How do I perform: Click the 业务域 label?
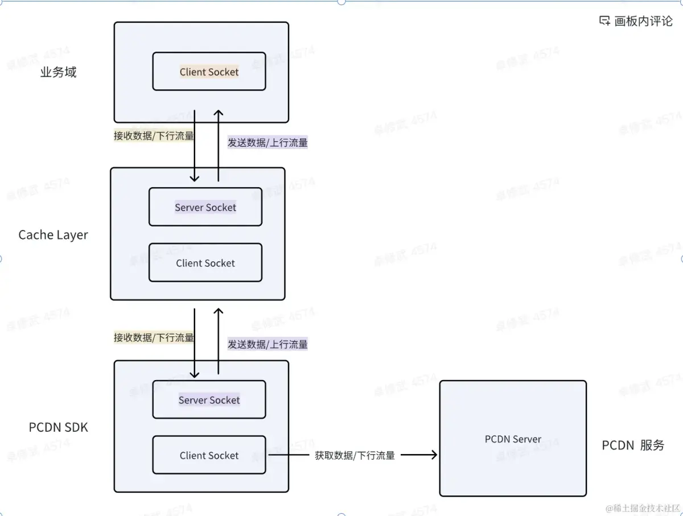pos(58,72)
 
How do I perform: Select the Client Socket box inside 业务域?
pos(209,72)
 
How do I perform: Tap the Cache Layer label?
pos(54,235)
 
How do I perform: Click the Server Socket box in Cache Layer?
pos(205,207)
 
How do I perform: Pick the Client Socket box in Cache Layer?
pos(205,263)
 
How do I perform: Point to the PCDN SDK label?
pos(59,427)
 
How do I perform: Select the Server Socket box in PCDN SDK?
pos(209,400)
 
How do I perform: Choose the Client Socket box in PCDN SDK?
pos(209,455)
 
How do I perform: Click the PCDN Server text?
pos(513,439)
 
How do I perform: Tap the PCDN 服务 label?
pos(633,445)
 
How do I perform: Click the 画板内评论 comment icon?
pos(604,21)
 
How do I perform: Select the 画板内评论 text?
pos(644,22)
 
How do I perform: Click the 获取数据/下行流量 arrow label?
pos(355,455)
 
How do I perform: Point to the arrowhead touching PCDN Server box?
pos(434,455)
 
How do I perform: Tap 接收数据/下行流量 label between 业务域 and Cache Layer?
pos(154,136)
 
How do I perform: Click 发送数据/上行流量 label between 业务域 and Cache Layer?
pos(268,143)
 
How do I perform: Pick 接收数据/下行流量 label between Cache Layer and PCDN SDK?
pos(154,337)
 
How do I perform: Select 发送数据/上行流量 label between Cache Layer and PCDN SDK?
pos(268,344)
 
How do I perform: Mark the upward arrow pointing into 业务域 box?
pos(218,114)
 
